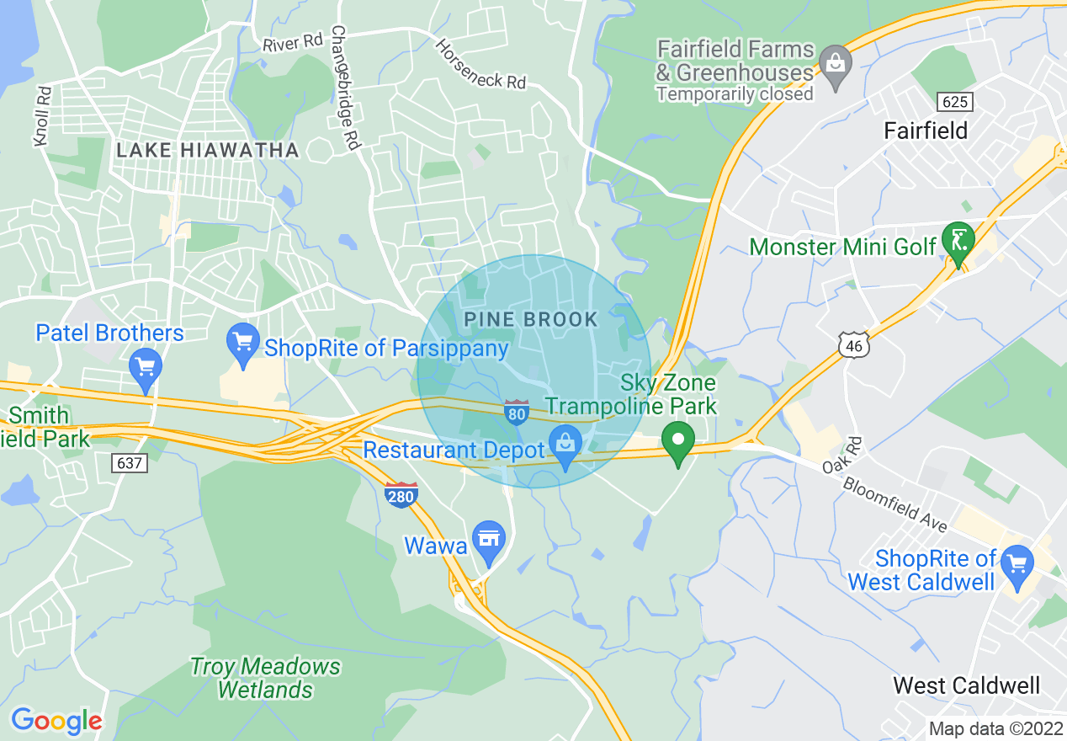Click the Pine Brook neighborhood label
click(x=531, y=320)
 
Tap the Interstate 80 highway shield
click(x=517, y=412)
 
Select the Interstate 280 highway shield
click(x=401, y=495)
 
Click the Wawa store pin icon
click(x=489, y=541)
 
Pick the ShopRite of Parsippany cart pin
click(x=243, y=344)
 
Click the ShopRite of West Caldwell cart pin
click(x=1018, y=564)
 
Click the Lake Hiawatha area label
click(x=208, y=151)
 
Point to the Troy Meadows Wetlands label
click(x=266, y=679)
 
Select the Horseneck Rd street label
click(x=480, y=64)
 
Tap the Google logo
click(x=56, y=721)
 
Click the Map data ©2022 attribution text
click(x=995, y=728)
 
